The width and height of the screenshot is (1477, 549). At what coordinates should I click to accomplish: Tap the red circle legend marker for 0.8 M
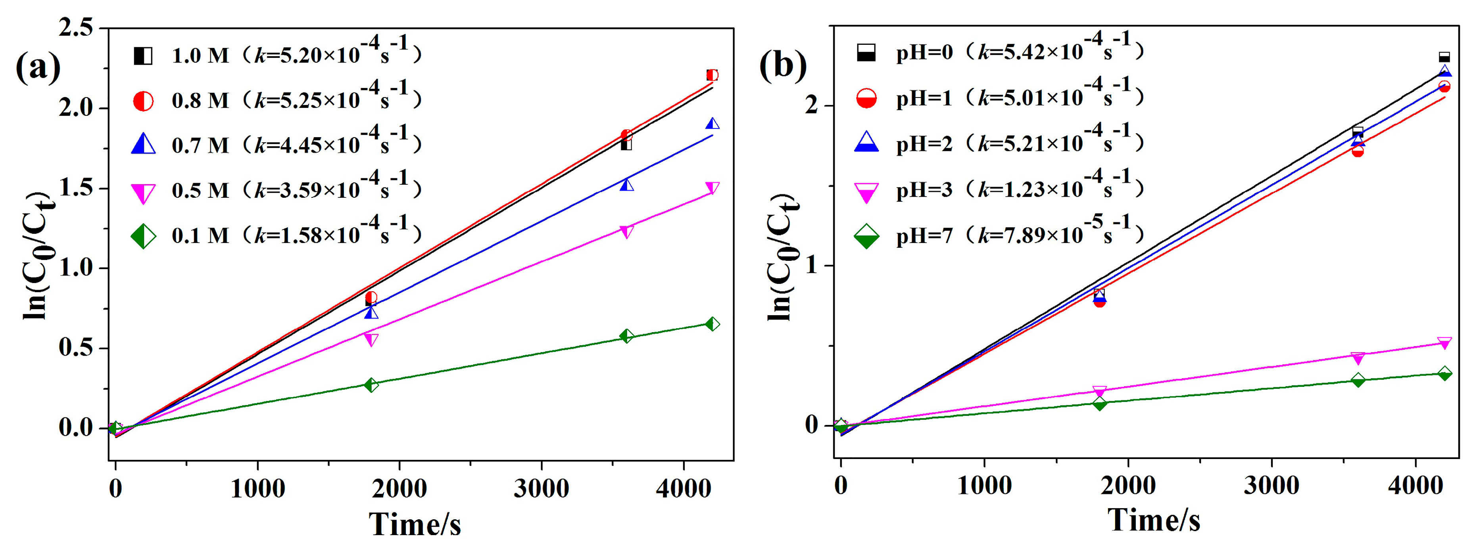pos(143,101)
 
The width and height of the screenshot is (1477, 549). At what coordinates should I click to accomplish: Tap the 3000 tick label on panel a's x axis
pos(541,489)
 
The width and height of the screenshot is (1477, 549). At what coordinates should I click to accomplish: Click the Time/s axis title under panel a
pos(415,524)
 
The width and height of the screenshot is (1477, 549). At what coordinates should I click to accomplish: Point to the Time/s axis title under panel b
pos(1154,520)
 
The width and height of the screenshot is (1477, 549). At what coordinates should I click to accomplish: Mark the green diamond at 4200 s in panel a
pos(712,324)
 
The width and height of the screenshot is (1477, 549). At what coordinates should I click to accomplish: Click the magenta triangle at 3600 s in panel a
pos(627,231)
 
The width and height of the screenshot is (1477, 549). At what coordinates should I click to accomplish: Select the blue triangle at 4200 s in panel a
pos(712,124)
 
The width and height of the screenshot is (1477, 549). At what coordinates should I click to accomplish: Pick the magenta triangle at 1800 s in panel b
pos(1099,392)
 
